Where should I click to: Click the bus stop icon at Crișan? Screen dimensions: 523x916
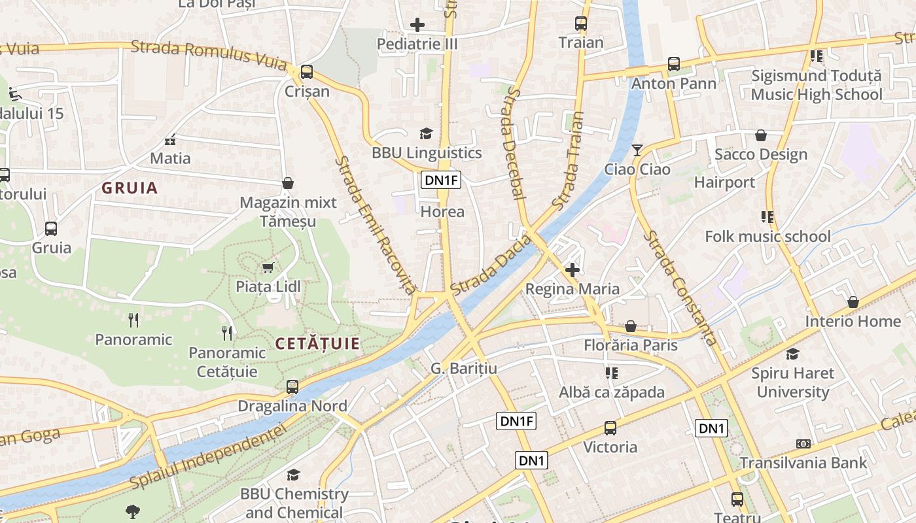tap(306, 72)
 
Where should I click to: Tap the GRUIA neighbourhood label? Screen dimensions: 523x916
tap(130, 188)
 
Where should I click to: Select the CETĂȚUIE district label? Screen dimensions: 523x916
tap(317, 344)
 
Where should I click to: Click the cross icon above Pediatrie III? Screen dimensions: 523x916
tap(417, 25)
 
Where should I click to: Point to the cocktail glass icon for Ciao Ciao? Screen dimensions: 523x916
tap(637, 150)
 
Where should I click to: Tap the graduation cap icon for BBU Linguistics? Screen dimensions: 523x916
tap(427, 134)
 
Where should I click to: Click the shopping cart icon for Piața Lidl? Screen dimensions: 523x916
tap(268, 268)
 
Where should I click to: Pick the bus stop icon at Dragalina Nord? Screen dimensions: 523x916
tap(292, 387)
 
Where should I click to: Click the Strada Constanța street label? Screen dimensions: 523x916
tap(680, 288)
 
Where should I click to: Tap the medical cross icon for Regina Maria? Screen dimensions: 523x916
tap(572, 269)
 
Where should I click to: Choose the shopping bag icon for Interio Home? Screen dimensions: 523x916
tap(853, 302)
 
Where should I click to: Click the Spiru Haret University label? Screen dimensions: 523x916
tap(792, 382)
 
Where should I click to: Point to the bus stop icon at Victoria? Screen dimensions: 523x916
tap(610, 428)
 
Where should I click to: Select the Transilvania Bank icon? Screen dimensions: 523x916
tap(803, 444)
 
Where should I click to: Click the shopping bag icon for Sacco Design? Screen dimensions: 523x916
tap(760, 135)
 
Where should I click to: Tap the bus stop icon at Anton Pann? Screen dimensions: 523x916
tap(674, 64)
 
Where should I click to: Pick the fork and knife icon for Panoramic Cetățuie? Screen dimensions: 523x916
tap(227, 333)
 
